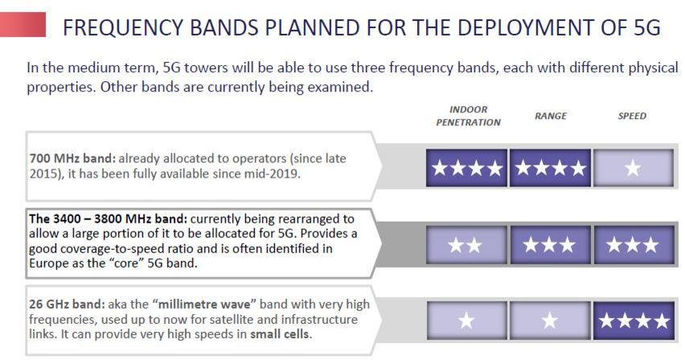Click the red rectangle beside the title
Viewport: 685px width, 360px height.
23,24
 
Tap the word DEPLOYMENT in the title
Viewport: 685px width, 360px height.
510,27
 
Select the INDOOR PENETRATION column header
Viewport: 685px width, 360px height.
468,116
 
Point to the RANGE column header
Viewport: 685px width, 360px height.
551,116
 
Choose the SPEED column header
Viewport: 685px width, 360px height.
632,116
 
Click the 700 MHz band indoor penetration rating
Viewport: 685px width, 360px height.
466,168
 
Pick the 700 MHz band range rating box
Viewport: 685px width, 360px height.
550,168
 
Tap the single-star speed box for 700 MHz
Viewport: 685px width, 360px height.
634,168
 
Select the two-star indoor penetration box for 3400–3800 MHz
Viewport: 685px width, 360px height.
466,245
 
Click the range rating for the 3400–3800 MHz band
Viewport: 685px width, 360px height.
550,245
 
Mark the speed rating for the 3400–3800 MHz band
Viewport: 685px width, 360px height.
634,245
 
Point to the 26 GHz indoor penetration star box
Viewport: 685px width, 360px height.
466,321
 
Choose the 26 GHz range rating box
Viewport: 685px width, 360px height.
550,321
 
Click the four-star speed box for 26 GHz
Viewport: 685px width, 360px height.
634,321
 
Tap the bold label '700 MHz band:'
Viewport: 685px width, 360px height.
72,158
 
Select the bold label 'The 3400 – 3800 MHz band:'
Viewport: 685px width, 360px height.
109,219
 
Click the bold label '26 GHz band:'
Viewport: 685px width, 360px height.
68,304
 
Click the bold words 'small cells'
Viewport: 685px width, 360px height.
279,334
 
